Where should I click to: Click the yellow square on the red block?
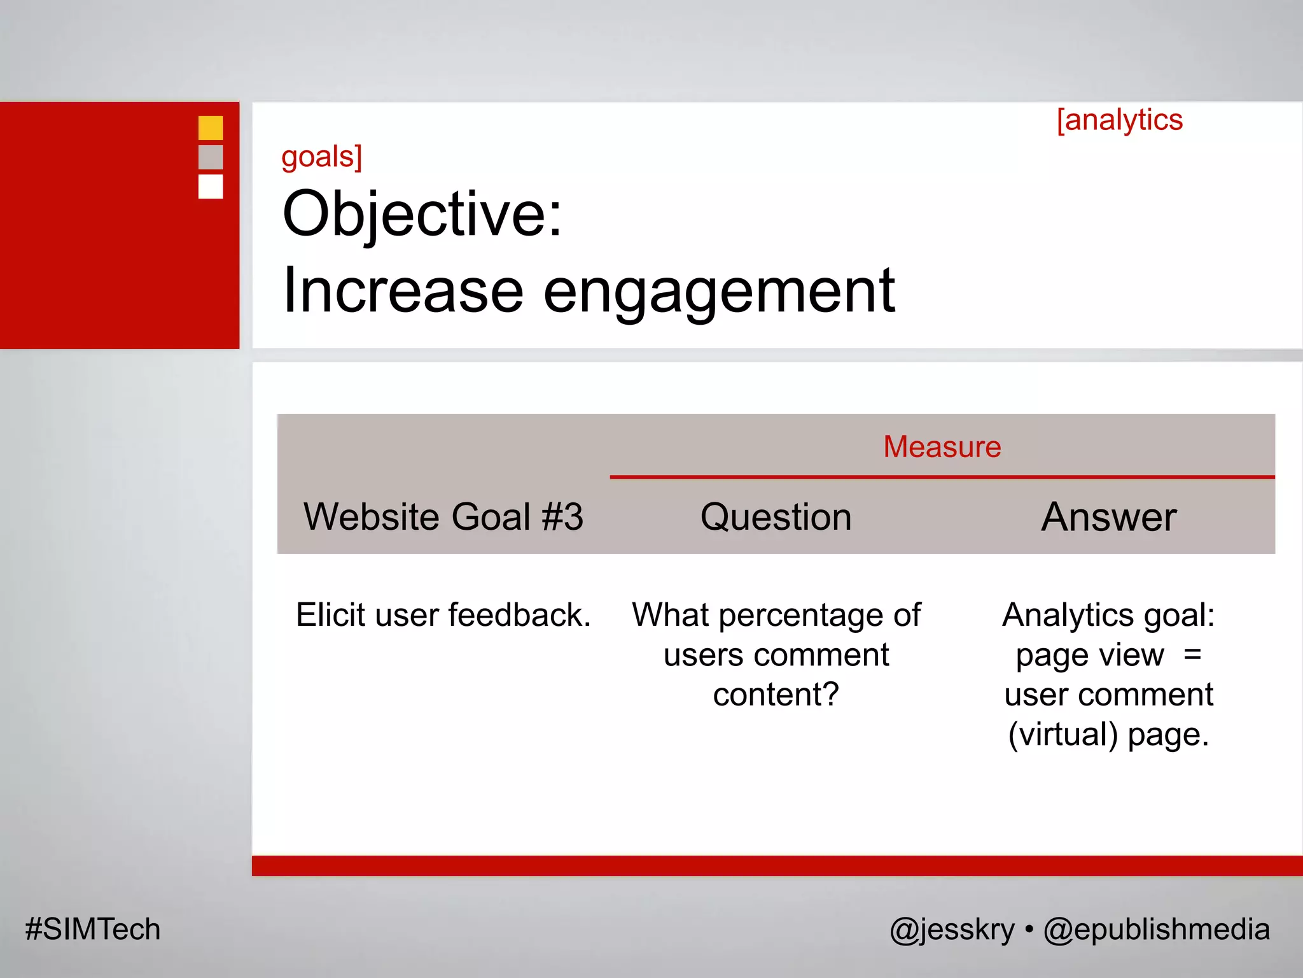point(211,128)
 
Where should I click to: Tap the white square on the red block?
point(211,187)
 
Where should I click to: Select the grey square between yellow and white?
point(211,157)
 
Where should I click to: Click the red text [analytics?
point(1119,120)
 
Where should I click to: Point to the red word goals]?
point(322,157)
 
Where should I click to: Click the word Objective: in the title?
point(422,214)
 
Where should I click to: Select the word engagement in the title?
point(719,291)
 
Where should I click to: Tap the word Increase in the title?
point(403,291)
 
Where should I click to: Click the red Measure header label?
point(942,447)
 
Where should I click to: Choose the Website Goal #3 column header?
point(443,516)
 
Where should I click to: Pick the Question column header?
point(776,516)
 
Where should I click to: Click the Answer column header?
point(1108,516)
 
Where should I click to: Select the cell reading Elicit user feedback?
point(443,615)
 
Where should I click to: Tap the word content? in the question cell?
point(776,694)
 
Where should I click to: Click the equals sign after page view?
point(1192,655)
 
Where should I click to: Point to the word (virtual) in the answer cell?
point(1063,734)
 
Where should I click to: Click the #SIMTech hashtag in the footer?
point(93,929)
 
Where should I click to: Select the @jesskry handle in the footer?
point(952,929)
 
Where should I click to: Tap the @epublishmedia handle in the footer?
point(1156,929)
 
